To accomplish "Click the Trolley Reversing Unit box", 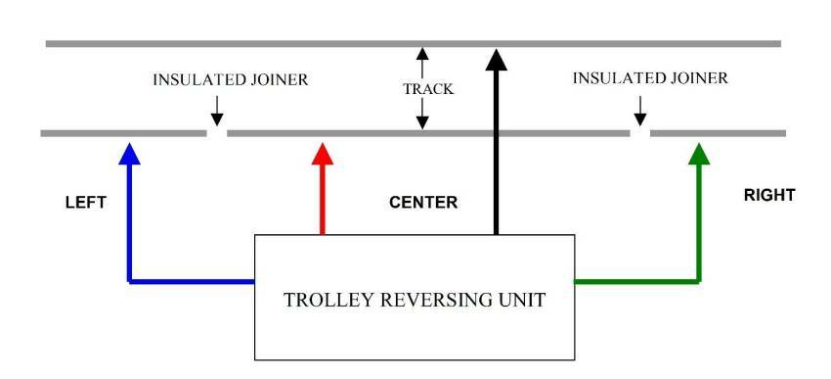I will [415, 298].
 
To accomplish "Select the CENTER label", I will [422, 203].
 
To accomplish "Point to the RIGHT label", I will [769, 195].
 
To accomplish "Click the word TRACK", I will [428, 89].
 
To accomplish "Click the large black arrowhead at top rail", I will [497, 60].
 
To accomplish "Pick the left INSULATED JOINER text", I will [230, 80].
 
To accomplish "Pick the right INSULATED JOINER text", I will [649, 78].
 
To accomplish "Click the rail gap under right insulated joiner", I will [639, 133].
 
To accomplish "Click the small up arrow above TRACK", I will [421, 60].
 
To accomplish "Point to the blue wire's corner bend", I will [129, 281].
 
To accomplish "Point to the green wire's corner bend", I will [698, 281].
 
